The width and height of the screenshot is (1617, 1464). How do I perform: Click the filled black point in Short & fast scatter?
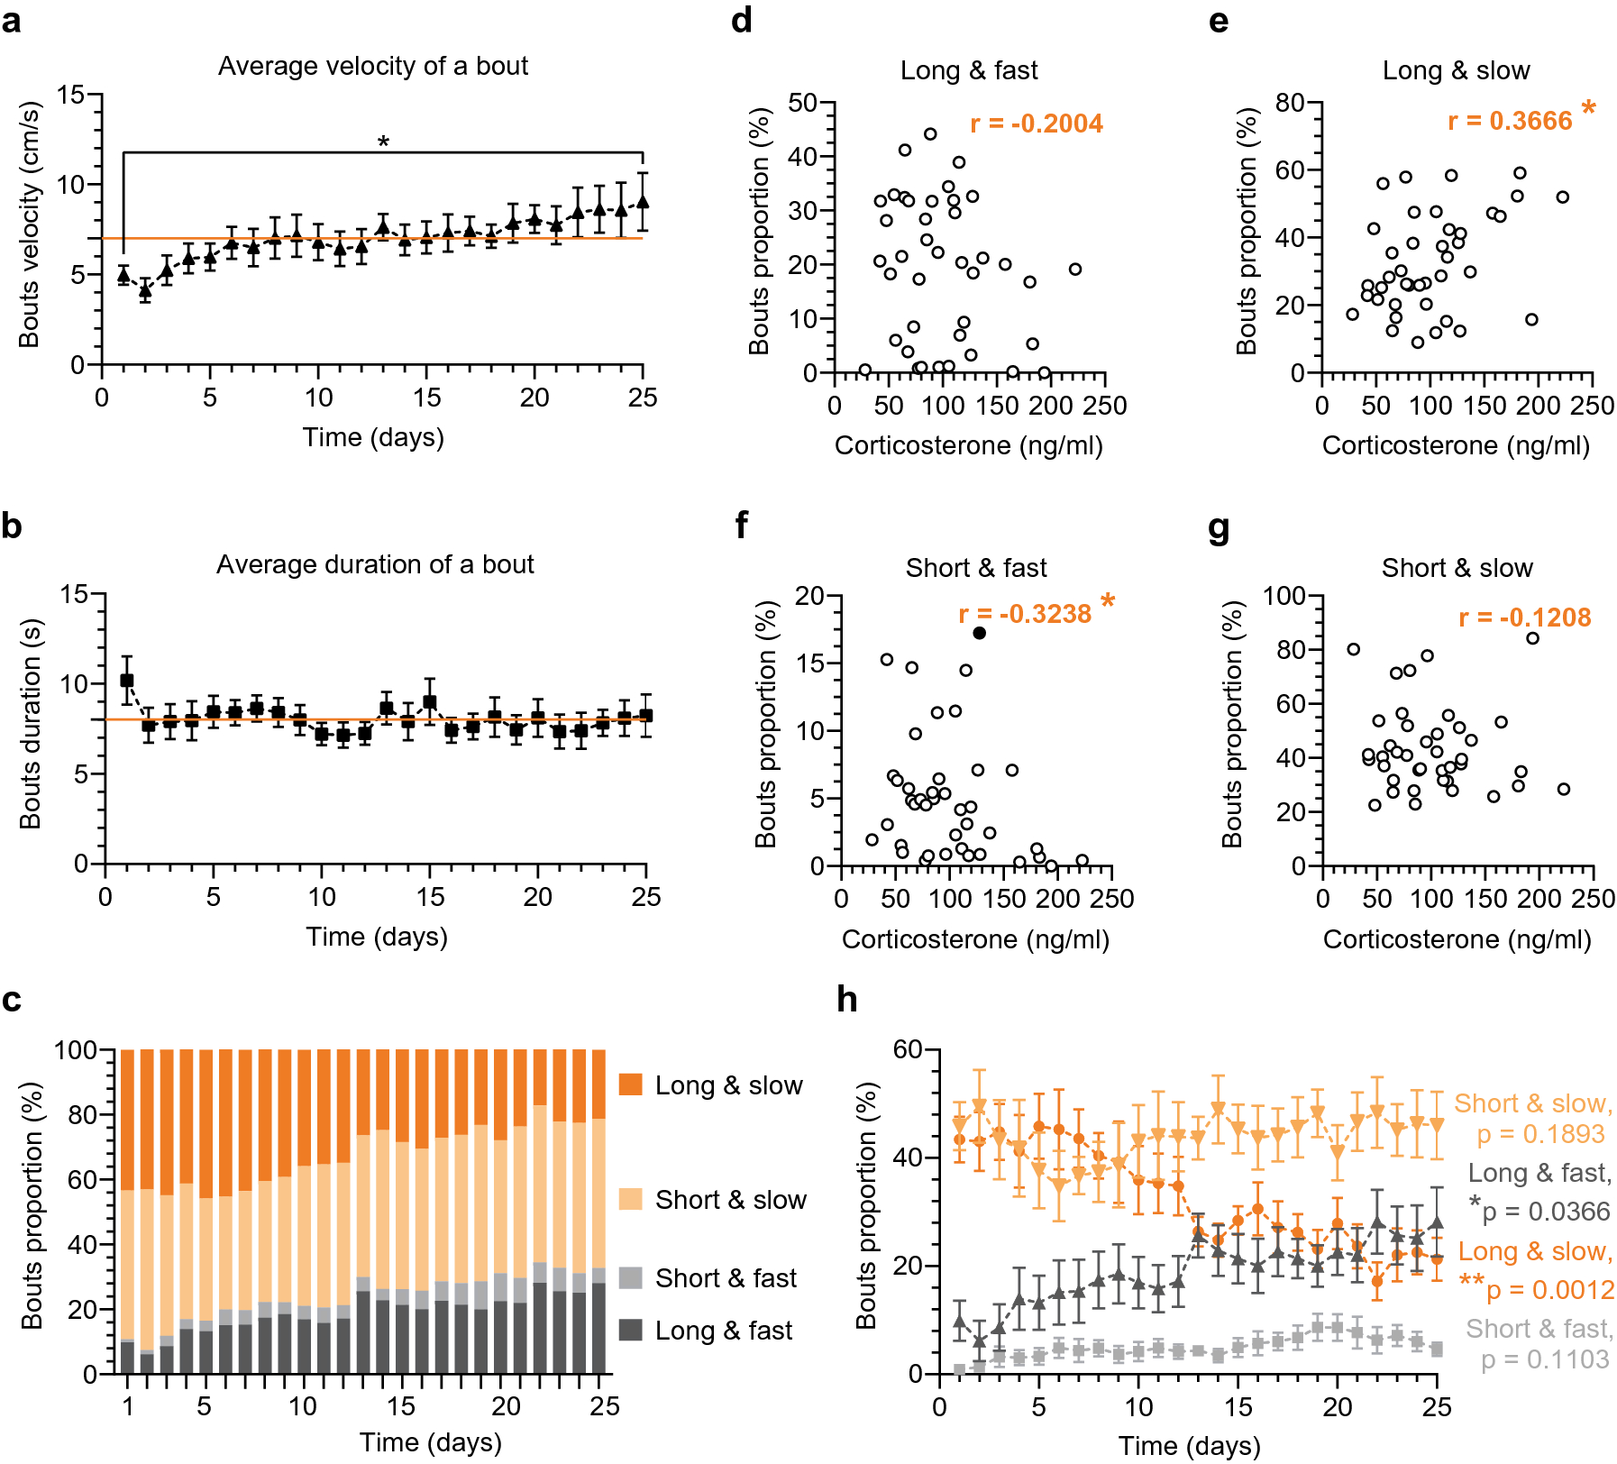click(x=979, y=633)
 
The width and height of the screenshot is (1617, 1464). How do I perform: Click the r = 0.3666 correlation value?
click(x=1510, y=121)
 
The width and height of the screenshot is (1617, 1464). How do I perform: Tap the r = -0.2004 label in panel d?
click(x=1036, y=124)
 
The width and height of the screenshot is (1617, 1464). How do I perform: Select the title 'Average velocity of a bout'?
click(x=372, y=66)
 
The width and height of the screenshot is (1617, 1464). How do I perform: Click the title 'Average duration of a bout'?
click(x=375, y=564)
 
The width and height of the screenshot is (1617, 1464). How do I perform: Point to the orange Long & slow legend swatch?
click(x=631, y=1084)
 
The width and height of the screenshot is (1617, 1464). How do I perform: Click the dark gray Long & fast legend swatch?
click(x=631, y=1330)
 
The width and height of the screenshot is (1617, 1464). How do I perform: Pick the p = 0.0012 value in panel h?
click(x=1549, y=1290)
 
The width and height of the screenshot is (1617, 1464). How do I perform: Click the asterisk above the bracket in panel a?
click(x=383, y=142)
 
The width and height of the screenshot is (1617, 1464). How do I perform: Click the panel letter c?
click(x=12, y=1000)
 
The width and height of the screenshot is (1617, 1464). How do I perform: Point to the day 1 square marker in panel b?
click(x=127, y=681)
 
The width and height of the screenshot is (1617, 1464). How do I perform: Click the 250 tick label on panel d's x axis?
click(x=1105, y=406)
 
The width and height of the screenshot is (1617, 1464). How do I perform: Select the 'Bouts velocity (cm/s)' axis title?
click(x=30, y=225)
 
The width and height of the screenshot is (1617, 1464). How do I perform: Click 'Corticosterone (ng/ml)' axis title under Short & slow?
click(x=1457, y=939)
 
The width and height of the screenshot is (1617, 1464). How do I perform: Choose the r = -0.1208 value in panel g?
click(x=1524, y=618)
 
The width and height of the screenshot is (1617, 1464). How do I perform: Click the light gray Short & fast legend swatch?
click(x=631, y=1277)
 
